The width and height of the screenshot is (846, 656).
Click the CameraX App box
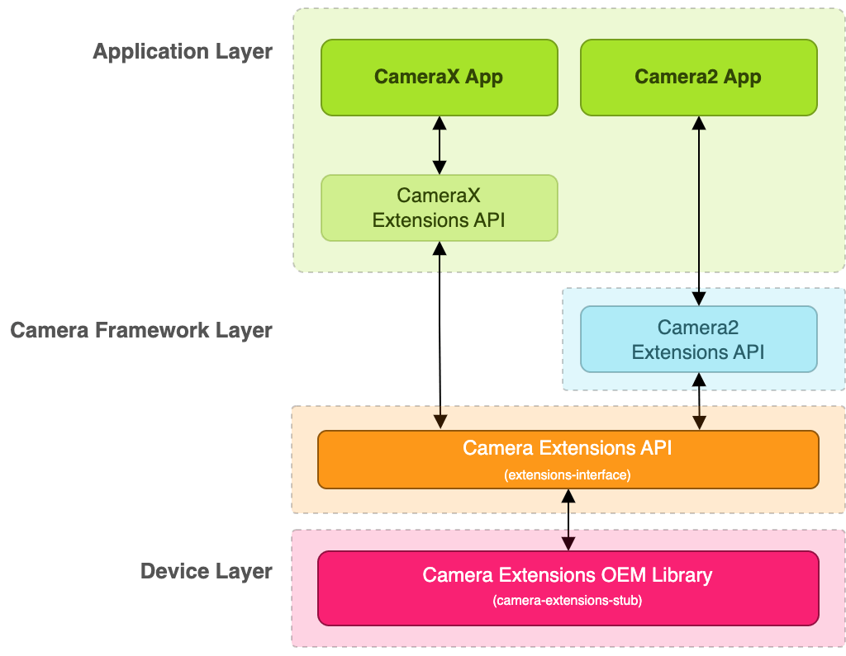click(439, 77)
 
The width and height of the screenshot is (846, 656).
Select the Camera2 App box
click(698, 77)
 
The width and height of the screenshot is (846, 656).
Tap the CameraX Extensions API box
click(439, 208)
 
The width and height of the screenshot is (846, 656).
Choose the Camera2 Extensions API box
click(698, 339)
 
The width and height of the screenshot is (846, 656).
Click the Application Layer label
click(182, 51)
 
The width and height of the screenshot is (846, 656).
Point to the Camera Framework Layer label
click(140, 330)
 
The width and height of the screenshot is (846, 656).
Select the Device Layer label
click(206, 571)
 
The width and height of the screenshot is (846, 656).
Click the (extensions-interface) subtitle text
click(568, 475)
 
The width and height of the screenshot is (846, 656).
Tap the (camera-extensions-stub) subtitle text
click(568, 601)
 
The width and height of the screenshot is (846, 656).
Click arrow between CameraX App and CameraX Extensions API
click(440, 145)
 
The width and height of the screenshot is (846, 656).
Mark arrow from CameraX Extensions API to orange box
click(440, 334)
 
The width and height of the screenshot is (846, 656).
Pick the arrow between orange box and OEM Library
click(568, 519)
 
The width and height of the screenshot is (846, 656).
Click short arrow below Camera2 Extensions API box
click(700, 401)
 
